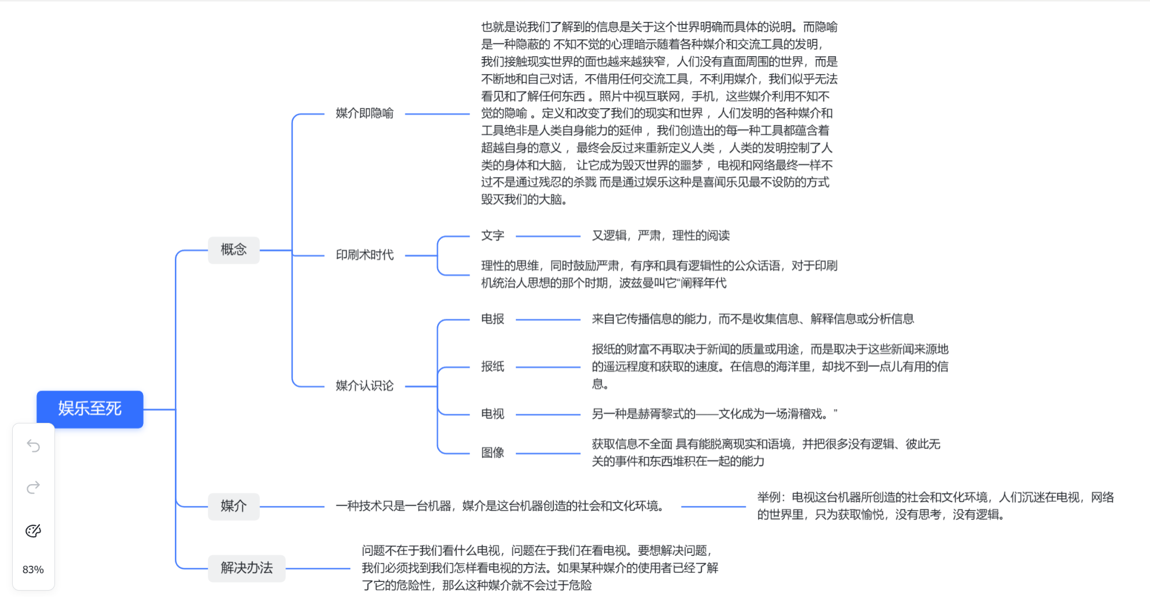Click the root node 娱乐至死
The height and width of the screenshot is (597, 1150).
coord(90,409)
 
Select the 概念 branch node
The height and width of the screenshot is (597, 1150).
coord(233,250)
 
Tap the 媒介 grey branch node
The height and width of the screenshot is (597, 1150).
coord(233,506)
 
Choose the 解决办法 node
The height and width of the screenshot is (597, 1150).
coord(246,568)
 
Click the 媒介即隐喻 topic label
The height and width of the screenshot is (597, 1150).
coord(364,113)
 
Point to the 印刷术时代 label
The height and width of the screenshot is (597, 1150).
coord(364,255)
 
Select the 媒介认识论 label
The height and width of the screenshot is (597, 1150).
coord(364,386)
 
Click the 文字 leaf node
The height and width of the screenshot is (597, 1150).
coord(492,236)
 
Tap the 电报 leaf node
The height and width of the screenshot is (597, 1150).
coord(492,319)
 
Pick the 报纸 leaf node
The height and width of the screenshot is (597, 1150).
coord(492,367)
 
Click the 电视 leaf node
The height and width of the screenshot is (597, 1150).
coord(492,414)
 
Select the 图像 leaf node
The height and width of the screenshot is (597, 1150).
coord(492,453)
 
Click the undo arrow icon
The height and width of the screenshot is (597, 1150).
coord(34,446)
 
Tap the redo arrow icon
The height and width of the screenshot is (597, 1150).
coord(34,488)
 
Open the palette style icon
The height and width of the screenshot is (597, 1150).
coord(34,530)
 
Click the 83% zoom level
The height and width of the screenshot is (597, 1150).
coord(33,570)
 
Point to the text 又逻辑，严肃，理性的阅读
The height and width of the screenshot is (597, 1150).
coord(660,236)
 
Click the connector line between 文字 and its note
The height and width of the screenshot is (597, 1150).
coord(547,237)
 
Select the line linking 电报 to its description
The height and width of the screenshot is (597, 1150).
coord(547,320)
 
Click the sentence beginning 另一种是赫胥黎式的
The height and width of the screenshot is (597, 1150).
coord(714,414)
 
